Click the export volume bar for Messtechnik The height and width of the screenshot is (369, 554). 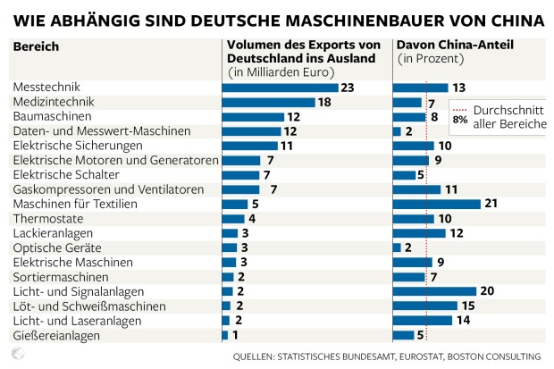click(x=280, y=88)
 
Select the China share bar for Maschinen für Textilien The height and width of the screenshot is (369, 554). click(x=432, y=204)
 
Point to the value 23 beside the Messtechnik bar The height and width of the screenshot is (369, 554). click(x=348, y=88)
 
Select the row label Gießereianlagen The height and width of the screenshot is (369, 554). click(x=55, y=335)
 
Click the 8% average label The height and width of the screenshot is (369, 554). click(x=460, y=118)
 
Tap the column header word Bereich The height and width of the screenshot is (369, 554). click(x=35, y=46)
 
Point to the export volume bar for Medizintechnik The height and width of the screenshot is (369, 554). click(x=268, y=102)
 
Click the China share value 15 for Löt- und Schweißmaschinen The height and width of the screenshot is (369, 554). click(x=466, y=306)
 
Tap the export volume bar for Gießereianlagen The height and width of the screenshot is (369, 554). click(x=224, y=335)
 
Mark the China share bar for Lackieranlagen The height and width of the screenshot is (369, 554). click(x=419, y=233)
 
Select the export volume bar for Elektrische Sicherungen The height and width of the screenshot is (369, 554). click(x=249, y=146)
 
